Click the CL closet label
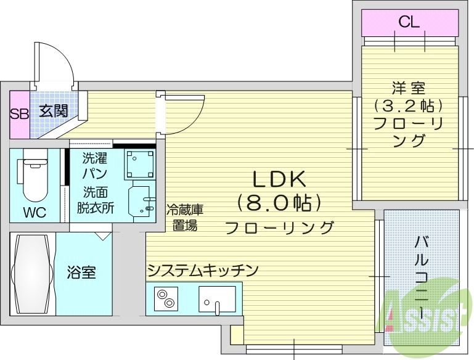click(409, 23)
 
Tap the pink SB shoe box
click(18, 114)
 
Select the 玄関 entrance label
click(54, 112)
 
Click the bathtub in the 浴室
click(31, 273)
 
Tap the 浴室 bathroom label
click(81, 272)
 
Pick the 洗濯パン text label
click(96, 165)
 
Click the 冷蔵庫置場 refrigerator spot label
click(184, 217)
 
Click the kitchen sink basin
click(216, 300)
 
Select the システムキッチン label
click(202, 270)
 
